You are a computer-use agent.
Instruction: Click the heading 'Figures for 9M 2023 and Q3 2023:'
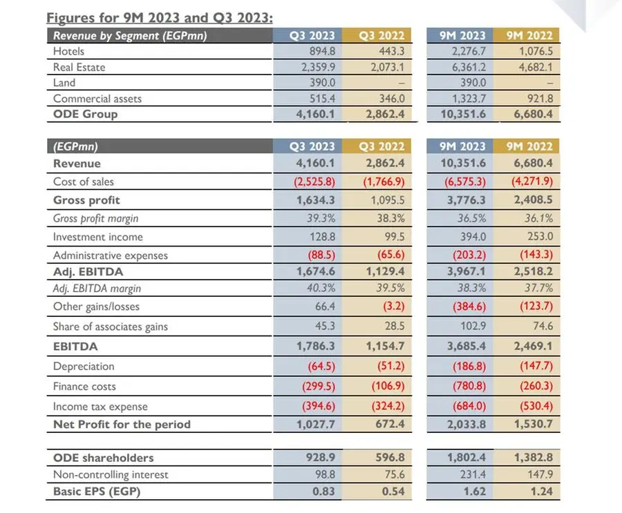[x=160, y=18]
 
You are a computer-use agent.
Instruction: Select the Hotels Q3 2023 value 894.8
[x=322, y=51]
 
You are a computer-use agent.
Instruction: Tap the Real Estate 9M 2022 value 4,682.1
[x=536, y=67]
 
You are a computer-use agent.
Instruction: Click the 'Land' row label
[x=64, y=82]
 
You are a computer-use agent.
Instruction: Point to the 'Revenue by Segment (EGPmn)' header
[x=130, y=36]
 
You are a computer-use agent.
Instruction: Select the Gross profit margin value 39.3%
[x=321, y=218]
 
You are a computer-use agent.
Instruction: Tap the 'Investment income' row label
[x=98, y=237]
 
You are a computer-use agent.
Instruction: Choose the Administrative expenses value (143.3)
[x=536, y=255]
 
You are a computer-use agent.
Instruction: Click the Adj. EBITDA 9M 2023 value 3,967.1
[x=466, y=271]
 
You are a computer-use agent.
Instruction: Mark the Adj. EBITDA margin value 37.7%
[x=538, y=288]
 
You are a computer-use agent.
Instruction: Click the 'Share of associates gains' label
[x=111, y=327]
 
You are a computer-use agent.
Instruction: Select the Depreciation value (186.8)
[x=469, y=366]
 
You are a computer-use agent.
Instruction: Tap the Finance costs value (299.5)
[x=319, y=386]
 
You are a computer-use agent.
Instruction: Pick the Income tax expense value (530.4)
[x=536, y=406]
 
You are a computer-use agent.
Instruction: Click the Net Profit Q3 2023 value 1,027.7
[x=316, y=424]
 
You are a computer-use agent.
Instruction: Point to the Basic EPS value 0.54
[x=393, y=491]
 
